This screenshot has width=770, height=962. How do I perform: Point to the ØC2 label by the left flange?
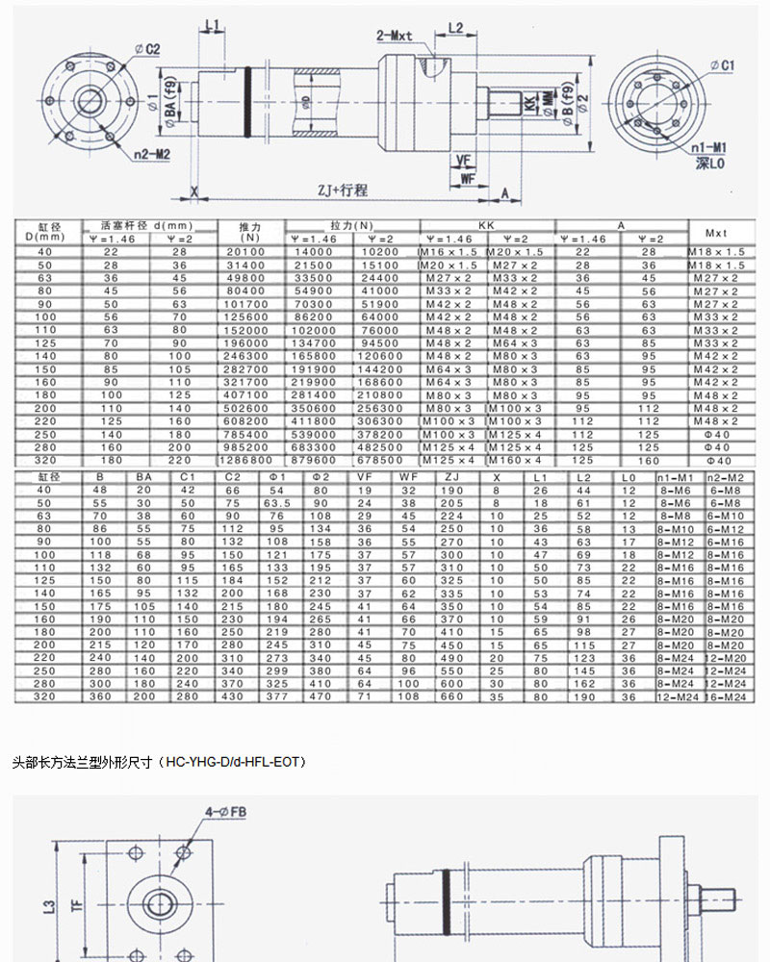coord(146,49)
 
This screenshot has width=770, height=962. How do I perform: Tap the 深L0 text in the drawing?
coord(710,164)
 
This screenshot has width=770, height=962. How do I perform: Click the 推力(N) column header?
coord(252,232)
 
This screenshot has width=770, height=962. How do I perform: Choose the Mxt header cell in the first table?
coord(717,232)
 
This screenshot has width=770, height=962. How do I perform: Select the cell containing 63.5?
coord(277,503)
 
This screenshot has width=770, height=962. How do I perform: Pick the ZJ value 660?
coord(451,696)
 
